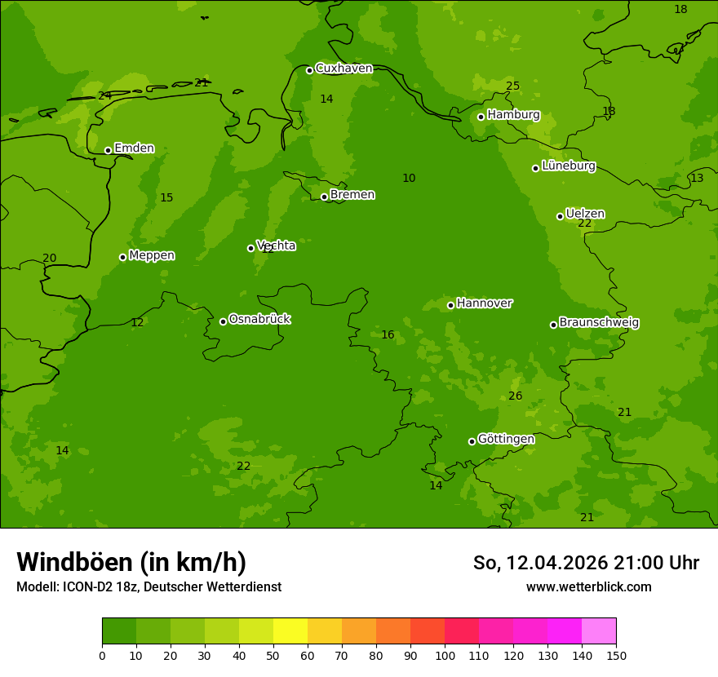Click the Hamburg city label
click(x=513, y=115)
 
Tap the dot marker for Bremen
click(x=324, y=197)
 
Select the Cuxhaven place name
click(x=343, y=69)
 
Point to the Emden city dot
click(x=108, y=150)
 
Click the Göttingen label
click(x=506, y=439)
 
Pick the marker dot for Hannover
click(x=450, y=305)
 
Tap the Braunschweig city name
click(x=599, y=323)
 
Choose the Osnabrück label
click(x=259, y=319)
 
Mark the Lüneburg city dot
click(x=535, y=168)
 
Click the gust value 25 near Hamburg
click(x=512, y=86)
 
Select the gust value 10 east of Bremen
click(x=409, y=179)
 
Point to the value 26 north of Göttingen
click(x=515, y=396)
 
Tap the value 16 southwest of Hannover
click(x=388, y=335)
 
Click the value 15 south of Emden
click(x=166, y=198)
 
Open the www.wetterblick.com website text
click(x=588, y=587)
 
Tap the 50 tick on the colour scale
click(x=273, y=655)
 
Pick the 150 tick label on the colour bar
click(x=616, y=655)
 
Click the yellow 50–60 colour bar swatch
click(x=290, y=631)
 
